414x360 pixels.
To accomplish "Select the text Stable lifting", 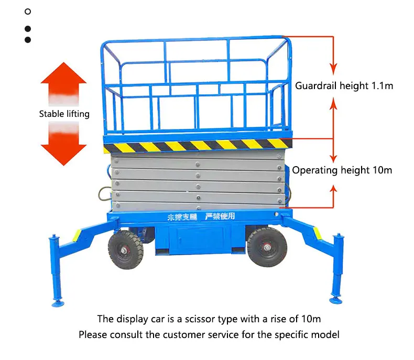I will tap(64, 114).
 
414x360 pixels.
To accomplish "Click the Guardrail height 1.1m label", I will tap(344, 85).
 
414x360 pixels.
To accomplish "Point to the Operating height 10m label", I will tap(342, 170).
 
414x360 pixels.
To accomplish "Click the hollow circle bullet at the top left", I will tap(28, 11).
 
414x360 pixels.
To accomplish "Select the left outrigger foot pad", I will tap(56, 302).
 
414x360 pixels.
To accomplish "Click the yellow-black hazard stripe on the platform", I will tap(197, 146).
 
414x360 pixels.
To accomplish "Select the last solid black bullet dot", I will tap(28, 39).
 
